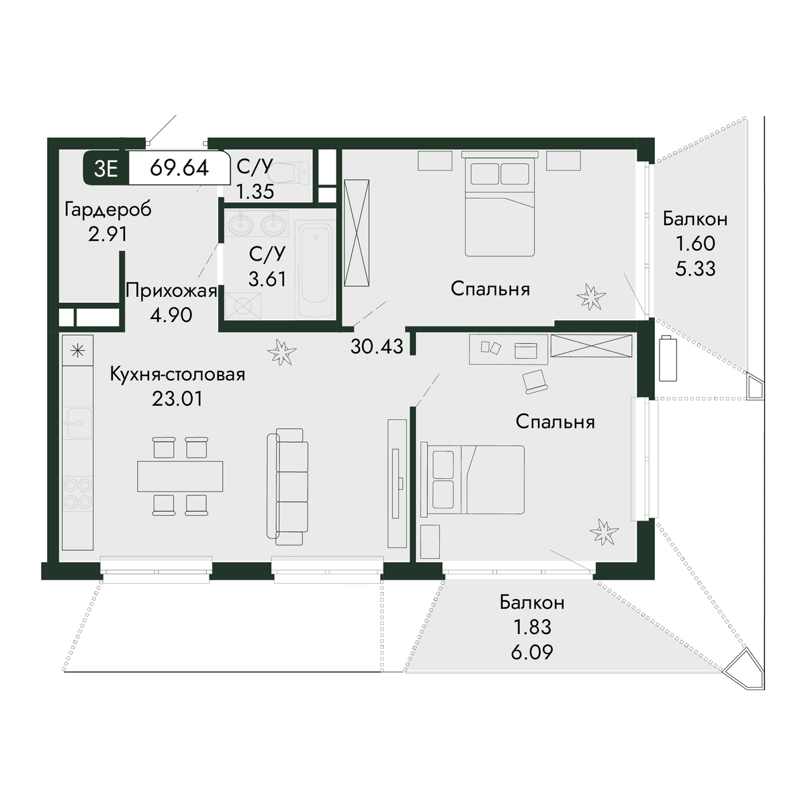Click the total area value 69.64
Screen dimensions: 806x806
click(179, 168)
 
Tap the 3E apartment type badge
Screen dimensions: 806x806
click(106, 169)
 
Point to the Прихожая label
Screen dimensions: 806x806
click(171, 290)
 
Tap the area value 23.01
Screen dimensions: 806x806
click(177, 398)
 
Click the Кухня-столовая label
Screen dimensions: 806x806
click(177, 375)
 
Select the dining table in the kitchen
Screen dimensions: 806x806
click(180, 476)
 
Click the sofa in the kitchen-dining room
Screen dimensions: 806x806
click(287, 486)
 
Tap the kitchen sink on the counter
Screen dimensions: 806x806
click(77, 423)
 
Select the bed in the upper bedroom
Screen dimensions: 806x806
click(500, 204)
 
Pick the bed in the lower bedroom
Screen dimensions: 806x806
click(473, 480)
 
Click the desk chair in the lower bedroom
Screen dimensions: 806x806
click(535, 381)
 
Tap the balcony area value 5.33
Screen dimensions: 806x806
click(696, 269)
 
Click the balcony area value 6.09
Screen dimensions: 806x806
click(532, 652)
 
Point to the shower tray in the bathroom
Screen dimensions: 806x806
click(243, 306)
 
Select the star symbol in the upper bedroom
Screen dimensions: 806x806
click(591, 296)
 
